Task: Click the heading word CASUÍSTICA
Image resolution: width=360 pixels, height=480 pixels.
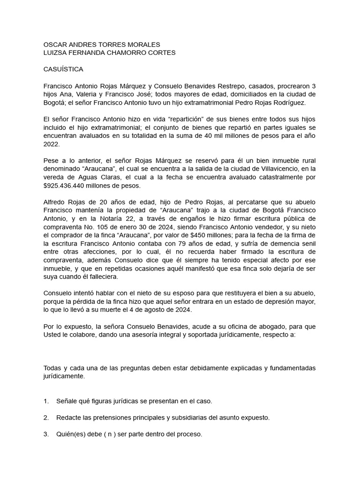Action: [63, 69]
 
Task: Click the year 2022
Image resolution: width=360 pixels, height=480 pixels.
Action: [51, 144]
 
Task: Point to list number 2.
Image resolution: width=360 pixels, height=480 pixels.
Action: [46, 418]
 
